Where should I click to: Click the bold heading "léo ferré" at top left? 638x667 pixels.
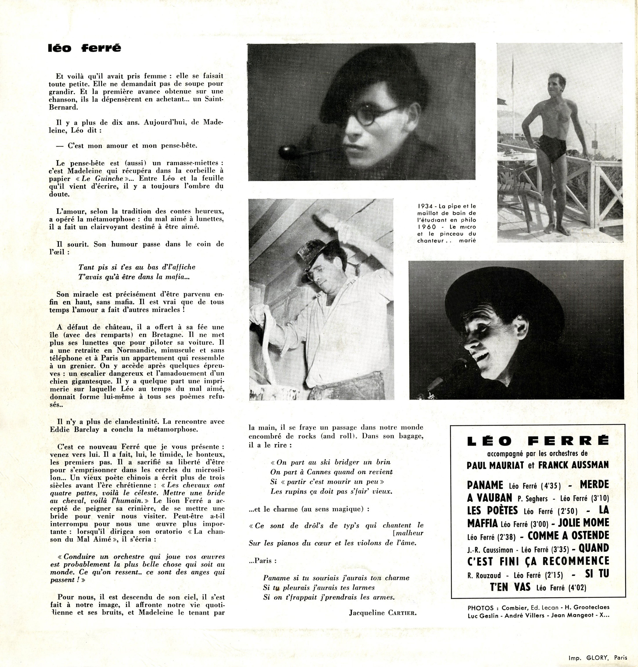coord(84,48)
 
